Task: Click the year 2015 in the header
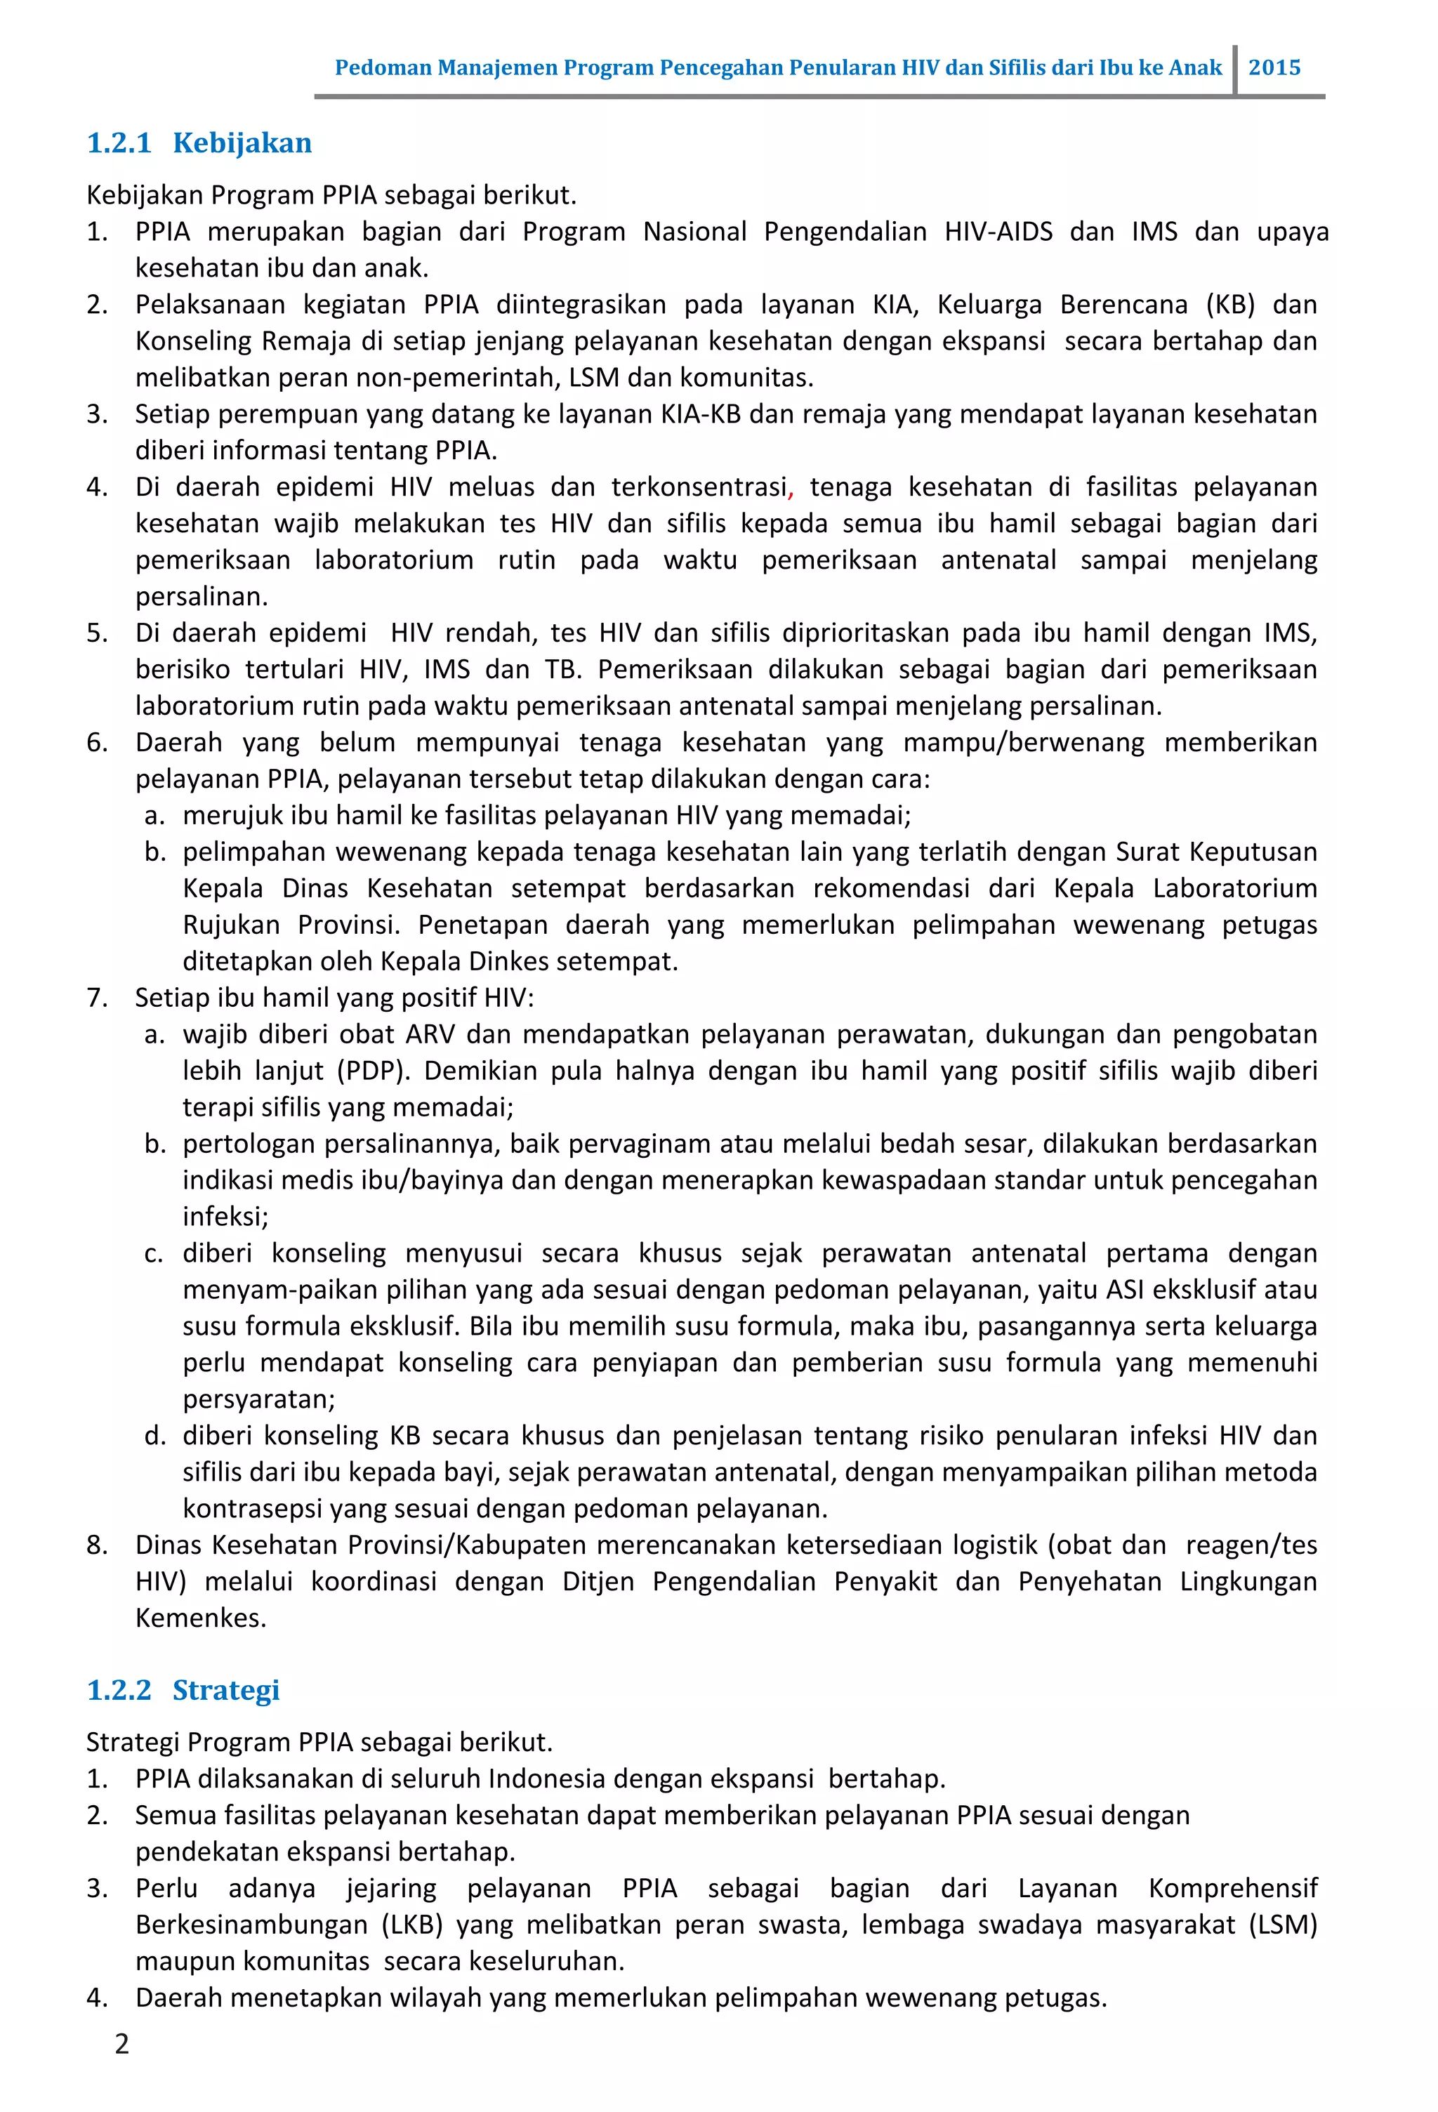[x=1274, y=68]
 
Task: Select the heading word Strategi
[x=225, y=1689]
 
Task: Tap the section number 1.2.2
[x=119, y=1689]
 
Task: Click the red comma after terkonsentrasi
[x=791, y=491]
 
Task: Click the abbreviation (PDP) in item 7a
[x=374, y=1071]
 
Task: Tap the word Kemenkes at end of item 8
[x=200, y=1618]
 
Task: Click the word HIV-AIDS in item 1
[x=998, y=232]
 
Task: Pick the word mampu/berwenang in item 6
[x=1024, y=742]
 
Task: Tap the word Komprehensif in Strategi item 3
[x=1232, y=1889]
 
